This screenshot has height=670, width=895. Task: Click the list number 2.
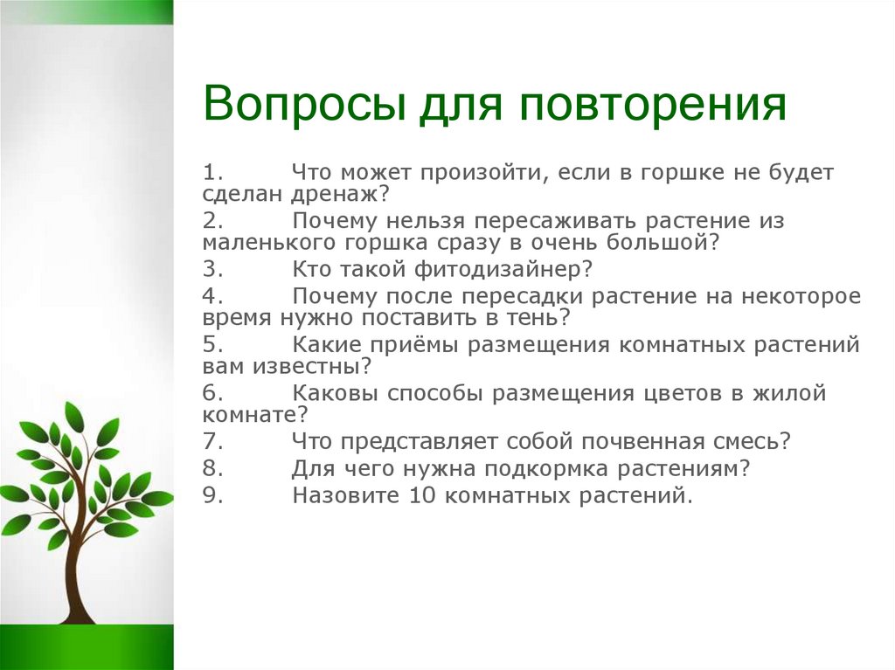(212, 221)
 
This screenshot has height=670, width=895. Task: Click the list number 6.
(212, 393)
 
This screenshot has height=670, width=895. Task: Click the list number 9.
(212, 494)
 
